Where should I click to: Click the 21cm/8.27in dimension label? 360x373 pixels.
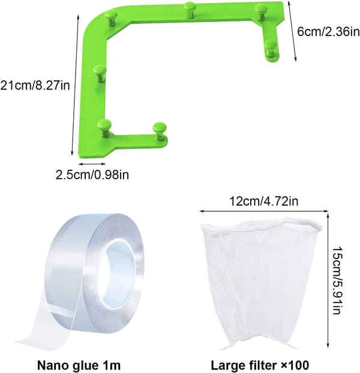[x=35, y=85]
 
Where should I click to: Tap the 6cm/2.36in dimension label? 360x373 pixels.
[x=328, y=31]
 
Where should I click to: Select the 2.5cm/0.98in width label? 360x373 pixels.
[x=92, y=175]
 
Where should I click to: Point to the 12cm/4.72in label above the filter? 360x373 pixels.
[x=263, y=201]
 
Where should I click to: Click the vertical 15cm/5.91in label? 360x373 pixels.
[x=337, y=280]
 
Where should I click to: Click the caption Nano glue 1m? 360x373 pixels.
[x=79, y=365]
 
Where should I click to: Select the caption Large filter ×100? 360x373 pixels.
[x=260, y=365]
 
